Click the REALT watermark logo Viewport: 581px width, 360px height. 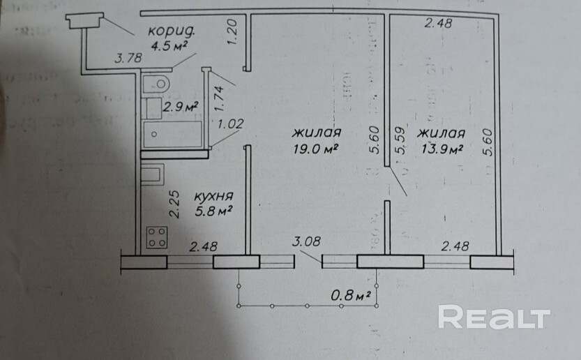click(494, 317)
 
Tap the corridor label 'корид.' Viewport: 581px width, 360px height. click(172, 31)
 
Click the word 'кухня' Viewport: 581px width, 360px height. click(213, 196)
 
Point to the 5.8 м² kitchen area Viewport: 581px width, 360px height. click(213, 209)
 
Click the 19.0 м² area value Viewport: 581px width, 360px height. click(316, 149)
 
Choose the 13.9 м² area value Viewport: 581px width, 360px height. click(441, 149)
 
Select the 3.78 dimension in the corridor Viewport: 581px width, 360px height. click(128, 59)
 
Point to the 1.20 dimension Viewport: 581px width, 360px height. click(234, 32)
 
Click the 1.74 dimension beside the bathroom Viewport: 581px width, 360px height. click(218, 98)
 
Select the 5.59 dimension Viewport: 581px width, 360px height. click(399, 142)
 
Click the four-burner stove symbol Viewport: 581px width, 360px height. click(156, 238)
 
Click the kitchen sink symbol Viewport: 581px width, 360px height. click(151, 174)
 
